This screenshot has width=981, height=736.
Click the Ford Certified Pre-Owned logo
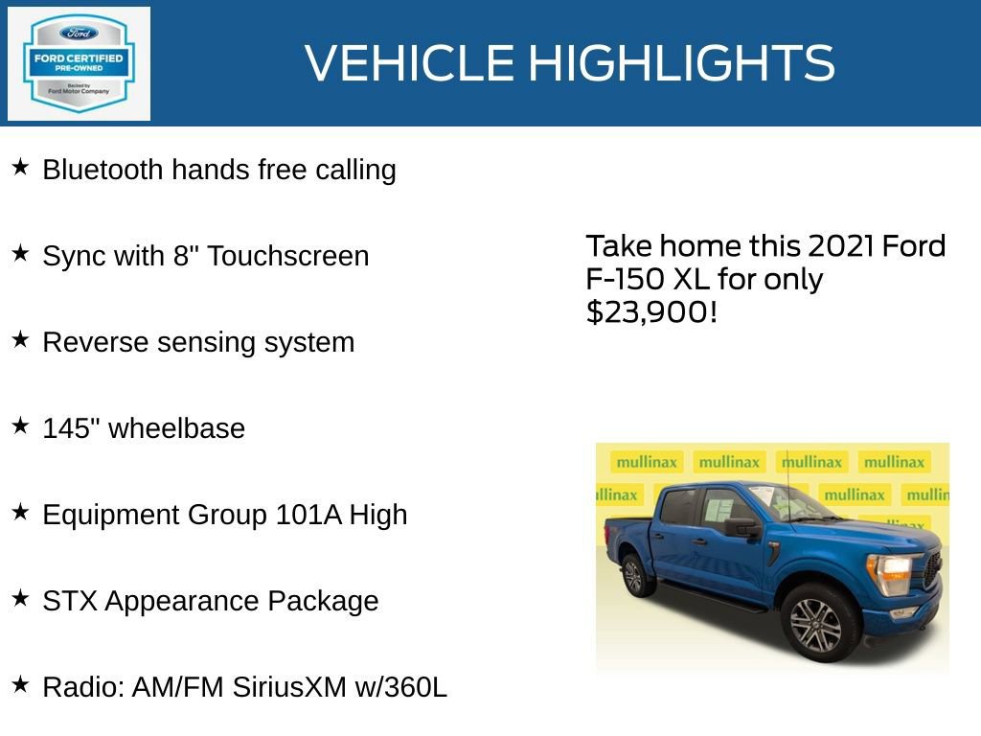(x=79, y=63)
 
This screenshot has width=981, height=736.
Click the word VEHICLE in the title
(x=410, y=63)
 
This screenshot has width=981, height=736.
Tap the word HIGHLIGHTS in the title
(x=681, y=63)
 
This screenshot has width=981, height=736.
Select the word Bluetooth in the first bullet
(x=103, y=170)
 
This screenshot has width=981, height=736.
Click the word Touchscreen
(x=287, y=256)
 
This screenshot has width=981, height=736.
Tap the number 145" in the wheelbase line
(x=72, y=428)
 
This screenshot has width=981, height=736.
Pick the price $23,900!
(x=651, y=311)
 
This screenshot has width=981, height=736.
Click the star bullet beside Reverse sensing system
(x=20, y=340)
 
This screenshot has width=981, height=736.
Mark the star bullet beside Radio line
(x=20, y=685)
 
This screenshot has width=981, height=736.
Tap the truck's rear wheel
(x=633, y=576)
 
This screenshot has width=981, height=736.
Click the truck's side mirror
(x=741, y=527)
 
